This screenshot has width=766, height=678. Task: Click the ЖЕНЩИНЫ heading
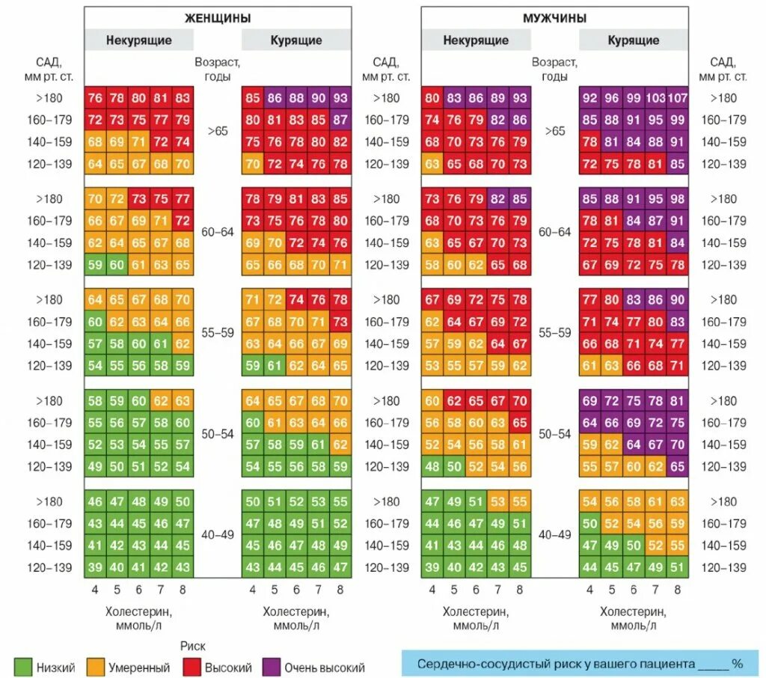point(218,18)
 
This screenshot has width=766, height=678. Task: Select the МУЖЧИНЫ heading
point(554,18)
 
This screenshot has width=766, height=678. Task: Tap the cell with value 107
point(677,97)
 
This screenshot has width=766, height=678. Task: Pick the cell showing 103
point(655,97)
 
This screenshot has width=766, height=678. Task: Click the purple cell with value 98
point(677,198)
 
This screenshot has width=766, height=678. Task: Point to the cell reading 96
point(611,97)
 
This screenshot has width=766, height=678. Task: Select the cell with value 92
point(589,97)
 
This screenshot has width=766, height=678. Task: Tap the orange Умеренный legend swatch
point(96,666)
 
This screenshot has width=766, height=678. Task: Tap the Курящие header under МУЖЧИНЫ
point(633,40)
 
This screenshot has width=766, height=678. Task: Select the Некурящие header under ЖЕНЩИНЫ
point(138,40)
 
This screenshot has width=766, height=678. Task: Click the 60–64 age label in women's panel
point(218,232)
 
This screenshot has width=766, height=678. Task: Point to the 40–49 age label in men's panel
point(554,535)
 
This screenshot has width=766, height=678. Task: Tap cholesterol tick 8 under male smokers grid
point(677,590)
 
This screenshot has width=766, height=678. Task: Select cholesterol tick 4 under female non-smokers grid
point(95,590)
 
